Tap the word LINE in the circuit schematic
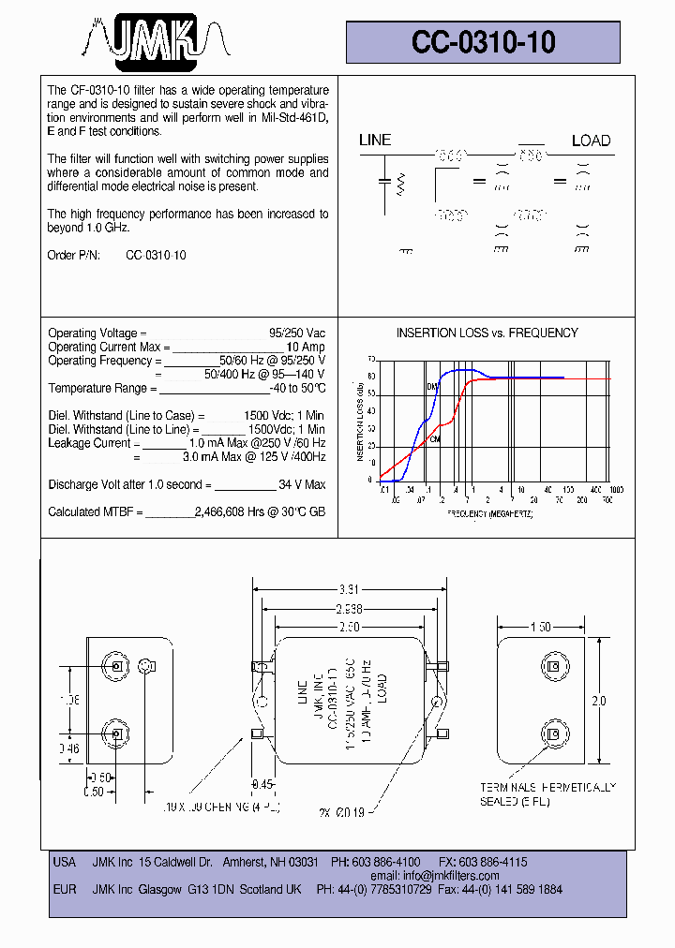(375, 141)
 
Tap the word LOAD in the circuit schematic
(591, 141)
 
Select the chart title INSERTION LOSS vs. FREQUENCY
(487, 333)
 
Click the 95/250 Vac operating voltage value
(297, 333)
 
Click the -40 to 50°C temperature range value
(297, 389)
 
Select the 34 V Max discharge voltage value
(302, 485)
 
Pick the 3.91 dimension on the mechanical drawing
(348, 590)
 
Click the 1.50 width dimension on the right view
(540, 627)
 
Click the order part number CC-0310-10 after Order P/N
(156, 256)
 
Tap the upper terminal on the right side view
(553, 667)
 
